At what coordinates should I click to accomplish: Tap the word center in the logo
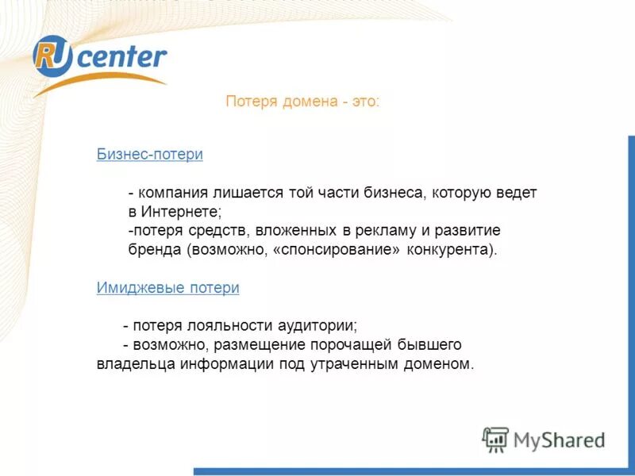(121, 57)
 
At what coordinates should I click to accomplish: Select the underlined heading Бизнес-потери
(150, 155)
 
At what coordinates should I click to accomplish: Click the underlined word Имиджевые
(140, 289)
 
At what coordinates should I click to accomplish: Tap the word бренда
(156, 250)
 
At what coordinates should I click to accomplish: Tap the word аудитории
(317, 326)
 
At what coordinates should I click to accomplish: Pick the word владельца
(131, 365)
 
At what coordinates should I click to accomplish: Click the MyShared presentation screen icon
(496, 440)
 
